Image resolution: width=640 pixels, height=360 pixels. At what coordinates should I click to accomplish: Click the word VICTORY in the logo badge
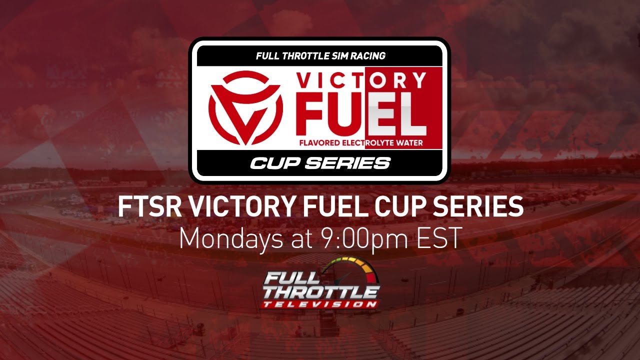pyautogui.click(x=361, y=80)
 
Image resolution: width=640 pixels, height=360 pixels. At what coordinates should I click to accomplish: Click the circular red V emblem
pyautogui.click(x=245, y=107)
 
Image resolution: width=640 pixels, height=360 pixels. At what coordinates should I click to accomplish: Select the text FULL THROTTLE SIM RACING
pyautogui.click(x=320, y=56)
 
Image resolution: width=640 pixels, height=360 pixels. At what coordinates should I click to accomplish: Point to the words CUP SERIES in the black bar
pyautogui.click(x=320, y=163)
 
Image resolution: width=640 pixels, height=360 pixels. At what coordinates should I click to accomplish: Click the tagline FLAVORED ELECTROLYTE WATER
pyautogui.click(x=361, y=143)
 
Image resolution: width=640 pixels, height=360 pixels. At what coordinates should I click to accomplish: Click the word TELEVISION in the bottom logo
pyautogui.click(x=320, y=303)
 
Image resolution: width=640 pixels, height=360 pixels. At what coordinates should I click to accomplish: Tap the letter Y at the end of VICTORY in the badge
pyautogui.click(x=419, y=80)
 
